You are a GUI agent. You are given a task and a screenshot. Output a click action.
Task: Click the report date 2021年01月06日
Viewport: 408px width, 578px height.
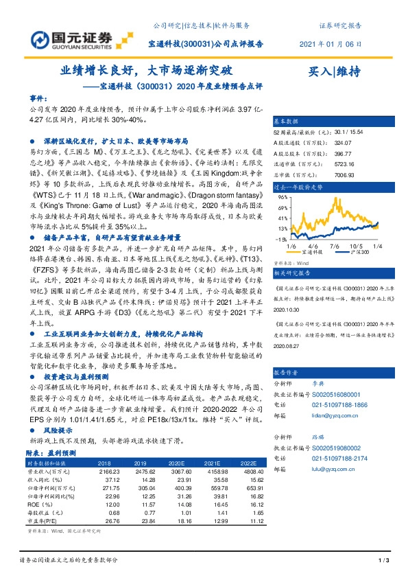pyautogui.click(x=341, y=43)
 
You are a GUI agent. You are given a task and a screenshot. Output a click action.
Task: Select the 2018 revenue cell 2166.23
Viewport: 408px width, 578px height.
pyautogui.click(x=109, y=472)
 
